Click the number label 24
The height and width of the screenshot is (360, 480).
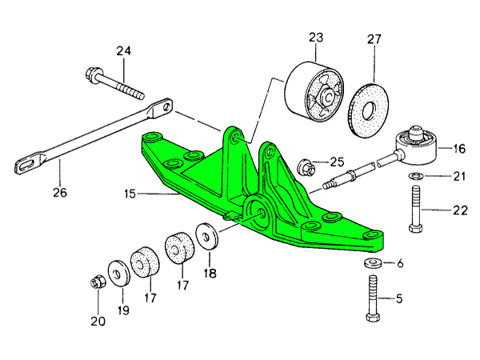click(122, 52)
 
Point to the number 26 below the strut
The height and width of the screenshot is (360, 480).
click(60, 192)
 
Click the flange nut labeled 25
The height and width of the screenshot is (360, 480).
click(304, 167)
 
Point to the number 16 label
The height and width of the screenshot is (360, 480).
click(458, 148)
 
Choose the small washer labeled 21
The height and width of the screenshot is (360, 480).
click(415, 175)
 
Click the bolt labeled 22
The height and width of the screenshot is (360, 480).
click(415, 209)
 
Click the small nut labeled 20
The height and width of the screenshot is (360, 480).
click(95, 282)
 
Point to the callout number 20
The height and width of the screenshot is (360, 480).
click(98, 322)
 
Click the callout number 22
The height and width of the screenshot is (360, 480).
click(458, 210)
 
